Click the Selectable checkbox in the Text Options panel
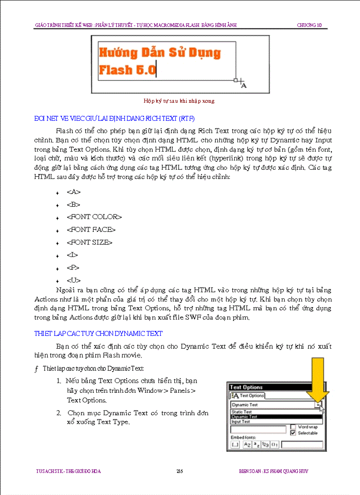pos(293,433)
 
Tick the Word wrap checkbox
pos(293,427)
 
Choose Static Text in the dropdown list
pos(242,412)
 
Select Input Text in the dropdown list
pos(241,421)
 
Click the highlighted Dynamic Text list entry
pos(244,417)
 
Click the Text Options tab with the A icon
pos(248,395)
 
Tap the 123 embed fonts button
pos(265,444)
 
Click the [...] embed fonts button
pos(235,444)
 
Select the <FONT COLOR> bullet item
pos(94,217)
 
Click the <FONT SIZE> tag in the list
pos(90,242)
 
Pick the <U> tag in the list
pos(74,280)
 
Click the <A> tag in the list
pos(74,192)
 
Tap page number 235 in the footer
pos(180,471)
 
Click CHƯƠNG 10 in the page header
pos(309,25)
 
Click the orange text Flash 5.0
pos(127,70)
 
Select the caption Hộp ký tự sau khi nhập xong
pos(179,100)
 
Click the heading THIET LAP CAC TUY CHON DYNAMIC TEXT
pos(98,334)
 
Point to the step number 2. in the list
pos(59,413)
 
